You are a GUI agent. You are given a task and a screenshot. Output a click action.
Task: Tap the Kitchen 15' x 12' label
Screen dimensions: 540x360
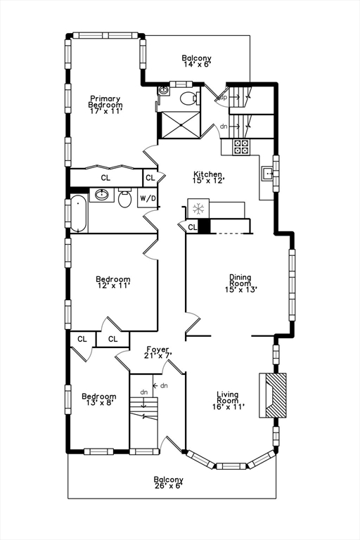(208, 178)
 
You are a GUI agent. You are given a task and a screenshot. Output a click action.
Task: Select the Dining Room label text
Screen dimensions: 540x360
(240, 283)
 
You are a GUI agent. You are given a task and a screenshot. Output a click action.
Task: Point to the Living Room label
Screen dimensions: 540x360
(229, 399)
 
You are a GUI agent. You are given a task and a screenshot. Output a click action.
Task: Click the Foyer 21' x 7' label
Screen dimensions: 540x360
(158, 352)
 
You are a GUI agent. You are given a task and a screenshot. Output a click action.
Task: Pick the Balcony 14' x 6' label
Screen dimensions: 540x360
(196, 61)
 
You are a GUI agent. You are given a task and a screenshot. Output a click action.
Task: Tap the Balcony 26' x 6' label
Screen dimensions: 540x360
(169, 482)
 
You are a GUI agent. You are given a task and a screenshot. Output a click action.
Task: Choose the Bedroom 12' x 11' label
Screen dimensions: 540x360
(112, 283)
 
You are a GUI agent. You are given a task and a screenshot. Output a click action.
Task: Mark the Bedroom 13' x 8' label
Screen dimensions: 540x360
(98, 399)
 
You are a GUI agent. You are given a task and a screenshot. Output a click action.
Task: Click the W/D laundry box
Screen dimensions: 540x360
(148, 199)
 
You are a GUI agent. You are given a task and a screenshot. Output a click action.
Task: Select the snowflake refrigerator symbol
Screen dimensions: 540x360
(198, 210)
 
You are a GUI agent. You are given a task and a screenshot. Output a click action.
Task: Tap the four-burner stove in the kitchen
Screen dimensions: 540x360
(241, 147)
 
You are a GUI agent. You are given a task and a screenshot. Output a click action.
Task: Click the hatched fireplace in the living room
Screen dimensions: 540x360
(275, 395)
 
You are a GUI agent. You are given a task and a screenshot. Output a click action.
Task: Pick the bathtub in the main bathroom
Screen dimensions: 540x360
(79, 214)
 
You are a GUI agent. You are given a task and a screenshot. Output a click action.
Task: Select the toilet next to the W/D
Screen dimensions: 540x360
(125, 199)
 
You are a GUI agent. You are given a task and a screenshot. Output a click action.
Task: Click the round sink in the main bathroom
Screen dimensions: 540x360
(103, 195)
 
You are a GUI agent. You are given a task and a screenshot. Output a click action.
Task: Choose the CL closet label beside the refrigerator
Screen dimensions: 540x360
(192, 227)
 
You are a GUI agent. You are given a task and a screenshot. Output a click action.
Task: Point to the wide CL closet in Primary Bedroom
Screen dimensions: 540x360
(105, 178)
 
